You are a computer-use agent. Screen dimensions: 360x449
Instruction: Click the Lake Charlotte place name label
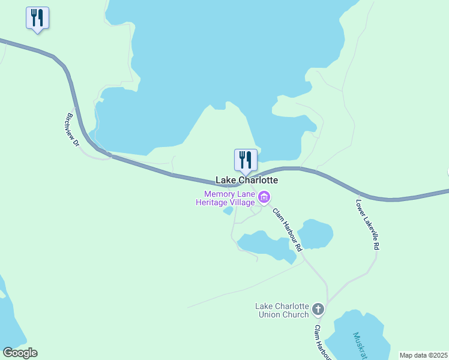[x=247, y=180]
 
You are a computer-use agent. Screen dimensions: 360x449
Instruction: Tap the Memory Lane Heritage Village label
[x=225, y=198]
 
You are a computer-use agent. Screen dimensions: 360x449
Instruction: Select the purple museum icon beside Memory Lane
[x=264, y=197]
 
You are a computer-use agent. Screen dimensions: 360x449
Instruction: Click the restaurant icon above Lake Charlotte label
[x=246, y=160]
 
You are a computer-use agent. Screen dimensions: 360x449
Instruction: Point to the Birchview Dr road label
[x=73, y=130]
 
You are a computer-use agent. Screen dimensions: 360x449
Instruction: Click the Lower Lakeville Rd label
[x=368, y=224]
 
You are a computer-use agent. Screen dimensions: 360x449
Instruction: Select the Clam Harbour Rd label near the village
[x=286, y=229]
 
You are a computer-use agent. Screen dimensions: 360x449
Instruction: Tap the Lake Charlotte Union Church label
[x=282, y=310]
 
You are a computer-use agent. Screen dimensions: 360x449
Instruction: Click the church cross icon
[x=318, y=310]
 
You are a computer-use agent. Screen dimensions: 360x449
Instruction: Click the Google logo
[x=20, y=353]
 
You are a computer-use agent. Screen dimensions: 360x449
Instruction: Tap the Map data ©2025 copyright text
[x=423, y=355]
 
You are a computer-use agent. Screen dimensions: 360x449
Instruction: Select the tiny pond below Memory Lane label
[x=228, y=211]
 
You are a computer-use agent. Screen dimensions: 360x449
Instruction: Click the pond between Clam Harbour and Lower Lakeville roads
[x=315, y=233]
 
